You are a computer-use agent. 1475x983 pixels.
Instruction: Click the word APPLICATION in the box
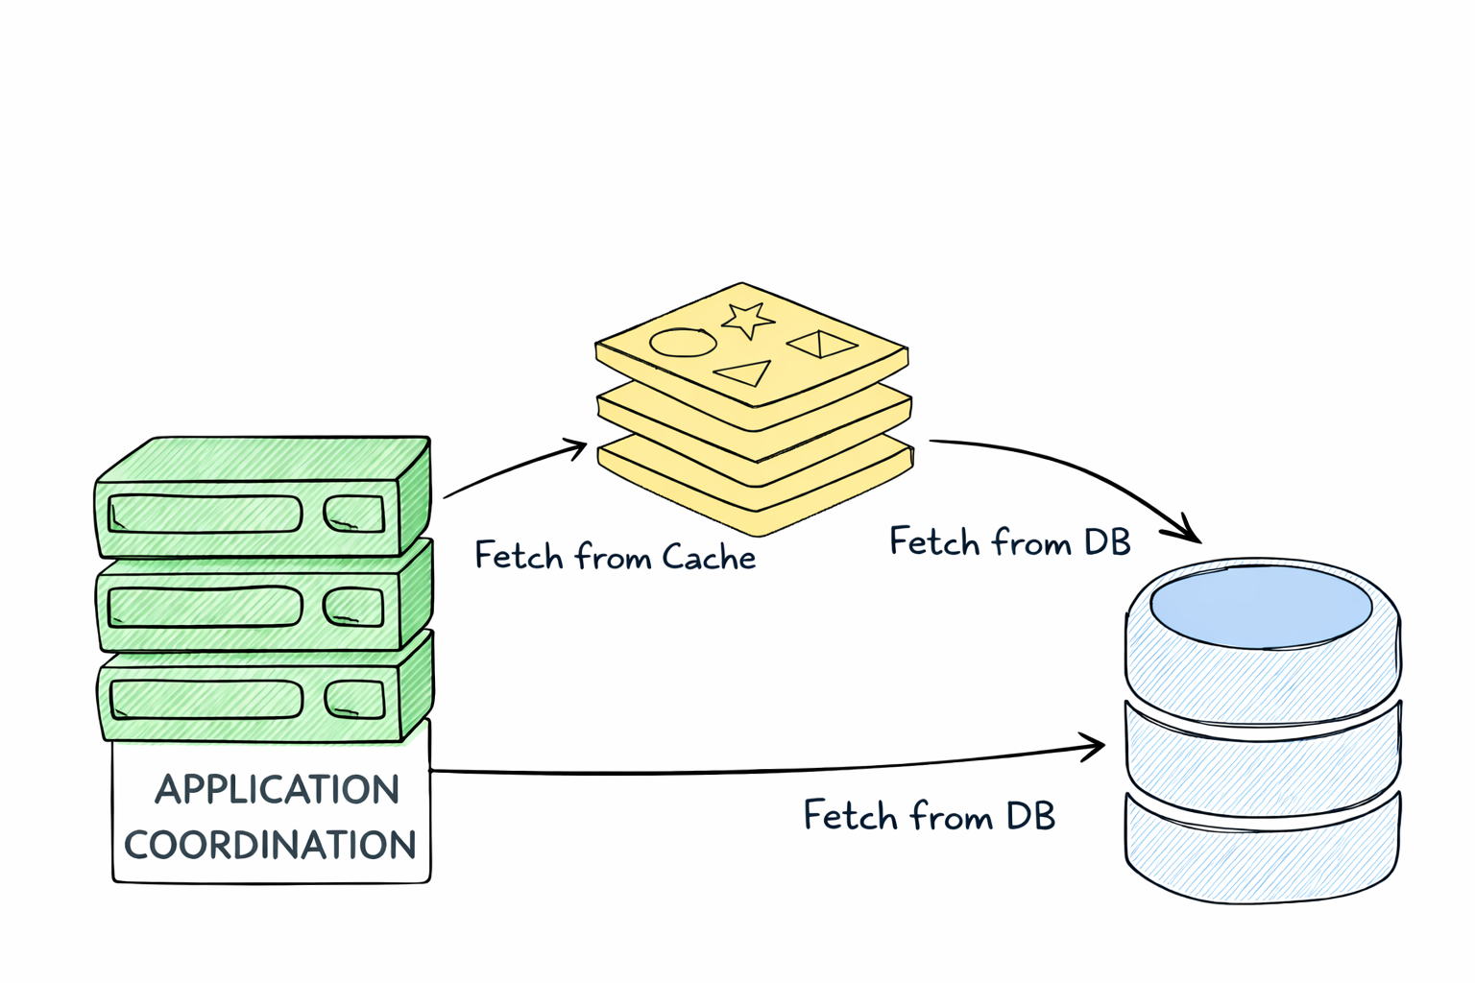tap(277, 789)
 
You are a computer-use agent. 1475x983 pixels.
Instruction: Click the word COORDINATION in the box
tap(270, 845)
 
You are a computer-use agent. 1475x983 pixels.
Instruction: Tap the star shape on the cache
tap(747, 319)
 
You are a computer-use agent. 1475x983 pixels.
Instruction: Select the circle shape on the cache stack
tap(683, 343)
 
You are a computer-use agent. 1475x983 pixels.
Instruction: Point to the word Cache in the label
tap(709, 557)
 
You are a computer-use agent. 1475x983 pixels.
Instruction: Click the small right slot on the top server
tap(353, 514)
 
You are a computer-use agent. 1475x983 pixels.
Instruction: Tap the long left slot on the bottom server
tap(206, 700)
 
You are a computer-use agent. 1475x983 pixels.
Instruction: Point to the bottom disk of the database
tap(1261, 850)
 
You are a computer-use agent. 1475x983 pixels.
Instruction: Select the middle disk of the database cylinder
tap(1261, 758)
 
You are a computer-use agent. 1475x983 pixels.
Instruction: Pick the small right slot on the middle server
tap(353, 608)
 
